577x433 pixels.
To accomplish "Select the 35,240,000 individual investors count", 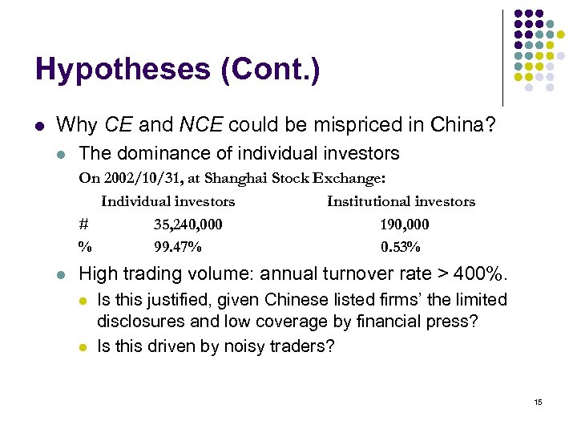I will click(188, 225).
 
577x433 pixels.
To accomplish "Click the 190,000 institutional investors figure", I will click(404, 225).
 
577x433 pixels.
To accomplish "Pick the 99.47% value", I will click(178, 246).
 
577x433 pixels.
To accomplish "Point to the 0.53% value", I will click(401, 246).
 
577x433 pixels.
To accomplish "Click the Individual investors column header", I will click(167, 202).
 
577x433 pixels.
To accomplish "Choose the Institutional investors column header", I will click(401, 202).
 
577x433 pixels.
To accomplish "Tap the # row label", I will click(83, 225).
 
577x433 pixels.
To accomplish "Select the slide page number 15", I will click(538, 402).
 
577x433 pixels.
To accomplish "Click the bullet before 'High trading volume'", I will click(61, 275).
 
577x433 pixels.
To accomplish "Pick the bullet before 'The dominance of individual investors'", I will click(61, 154).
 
